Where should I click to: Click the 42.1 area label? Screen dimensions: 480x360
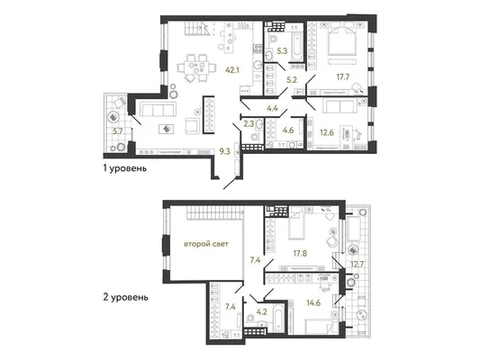pyautogui.click(x=232, y=70)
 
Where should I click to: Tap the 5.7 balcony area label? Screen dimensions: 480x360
pyautogui.click(x=118, y=131)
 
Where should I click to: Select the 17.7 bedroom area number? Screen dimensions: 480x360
pyautogui.click(x=343, y=76)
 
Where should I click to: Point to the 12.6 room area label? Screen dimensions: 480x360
pyautogui.click(x=327, y=132)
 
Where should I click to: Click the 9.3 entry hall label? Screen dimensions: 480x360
pyautogui.click(x=224, y=151)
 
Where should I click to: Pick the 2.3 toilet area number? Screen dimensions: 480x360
pyautogui.click(x=249, y=124)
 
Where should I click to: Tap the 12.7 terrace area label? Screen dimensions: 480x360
pyautogui.click(x=357, y=264)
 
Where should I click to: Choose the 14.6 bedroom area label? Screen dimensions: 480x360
pyautogui.click(x=313, y=303)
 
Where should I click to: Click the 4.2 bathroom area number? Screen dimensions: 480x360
pyautogui.click(x=262, y=312)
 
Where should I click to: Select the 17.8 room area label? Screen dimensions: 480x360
pyautogui.click(x=300, y=253)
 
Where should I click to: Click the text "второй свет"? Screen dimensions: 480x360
pyautogui.click(x=206, y=244)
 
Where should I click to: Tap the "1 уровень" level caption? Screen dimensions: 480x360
pyautogui.click(x=125, y=168)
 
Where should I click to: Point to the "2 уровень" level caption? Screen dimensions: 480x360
pyautogui.click(x=125, y=297)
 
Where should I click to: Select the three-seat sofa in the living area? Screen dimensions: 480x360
pyautogui.click(x=158, y=109)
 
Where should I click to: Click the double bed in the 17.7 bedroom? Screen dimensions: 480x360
pyautogui.click(x=342, y=40)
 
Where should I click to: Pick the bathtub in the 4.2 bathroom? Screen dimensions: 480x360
pyautogui.click(x=278, y=318)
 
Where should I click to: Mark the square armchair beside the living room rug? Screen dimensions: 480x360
pyautogui.click(x=193, y=126)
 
